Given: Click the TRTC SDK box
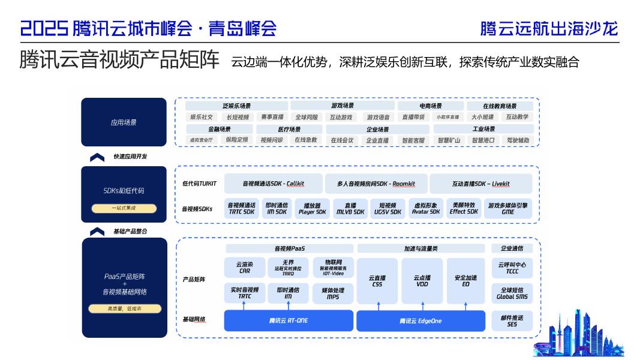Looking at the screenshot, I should [242, 208].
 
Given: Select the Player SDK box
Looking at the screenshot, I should [313, 208].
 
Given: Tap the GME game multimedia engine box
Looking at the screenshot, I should [507, 208].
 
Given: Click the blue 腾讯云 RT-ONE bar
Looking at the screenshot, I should [289, 320].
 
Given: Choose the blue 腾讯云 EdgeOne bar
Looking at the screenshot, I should [420, 321].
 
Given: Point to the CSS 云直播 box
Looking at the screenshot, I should [377, 281].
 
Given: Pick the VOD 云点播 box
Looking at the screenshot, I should [422, 281].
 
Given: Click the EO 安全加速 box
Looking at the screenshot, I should [465, 281].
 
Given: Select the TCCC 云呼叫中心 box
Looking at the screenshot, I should [512, 268].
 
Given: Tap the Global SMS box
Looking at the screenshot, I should [512, 293].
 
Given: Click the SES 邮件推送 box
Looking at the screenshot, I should [512, 320].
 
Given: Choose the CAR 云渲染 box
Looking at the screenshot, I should [244, 268].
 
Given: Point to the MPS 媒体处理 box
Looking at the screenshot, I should [333, 293].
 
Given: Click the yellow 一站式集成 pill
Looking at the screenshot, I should [124, 208].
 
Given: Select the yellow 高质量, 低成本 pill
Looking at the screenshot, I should [124, 309].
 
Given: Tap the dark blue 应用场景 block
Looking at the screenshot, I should [124, 122].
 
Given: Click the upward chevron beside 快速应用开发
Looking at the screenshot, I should [97, 157].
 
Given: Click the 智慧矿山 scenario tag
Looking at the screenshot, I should [449, 140].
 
